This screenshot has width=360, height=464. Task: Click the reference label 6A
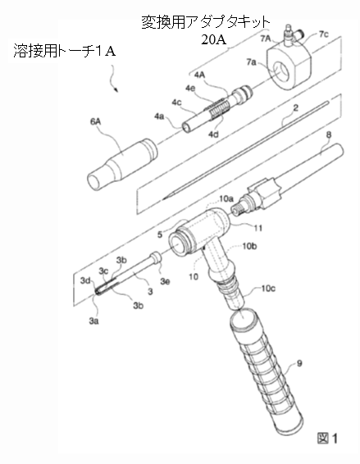(x=95, y=121)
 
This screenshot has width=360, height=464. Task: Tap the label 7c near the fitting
(x=324, y=34)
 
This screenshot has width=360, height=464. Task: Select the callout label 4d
(x=213, y=134)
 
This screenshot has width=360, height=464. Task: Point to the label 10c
(x=268, y=289)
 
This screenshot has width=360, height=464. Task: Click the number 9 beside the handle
(x=299, y=363)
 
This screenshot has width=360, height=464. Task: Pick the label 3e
(x=165, y=281)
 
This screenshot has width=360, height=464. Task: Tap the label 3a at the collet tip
(x=93, y=321)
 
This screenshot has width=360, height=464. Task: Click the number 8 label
(x=329, y=135)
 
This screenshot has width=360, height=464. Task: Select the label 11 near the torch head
(x=257, y=228)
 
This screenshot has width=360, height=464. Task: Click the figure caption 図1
(x=327, y=438)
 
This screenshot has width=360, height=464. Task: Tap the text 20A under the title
(x=214, y=39)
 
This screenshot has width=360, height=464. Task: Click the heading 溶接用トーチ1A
(x=65, y=52)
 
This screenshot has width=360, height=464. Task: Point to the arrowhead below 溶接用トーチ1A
(x=116, y=90)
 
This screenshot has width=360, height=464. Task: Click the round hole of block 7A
(x=281, y=71)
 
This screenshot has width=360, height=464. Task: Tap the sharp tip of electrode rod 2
(x=163, y=199)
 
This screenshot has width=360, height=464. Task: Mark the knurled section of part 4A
(x=217, y=108)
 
